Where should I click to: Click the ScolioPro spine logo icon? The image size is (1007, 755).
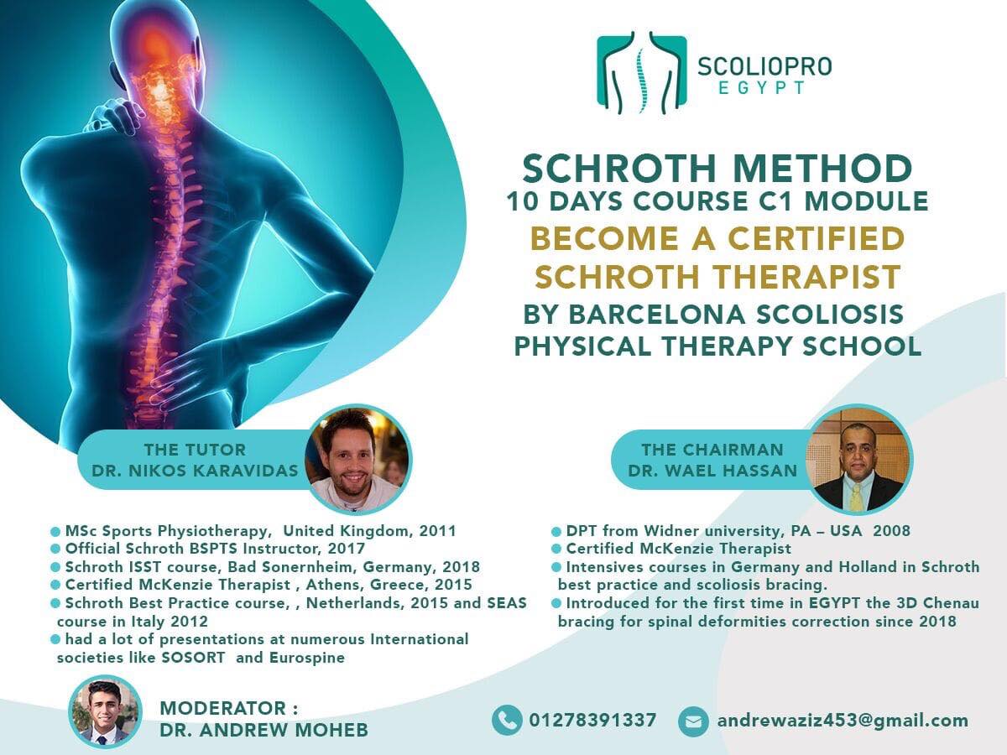tap(641, 73)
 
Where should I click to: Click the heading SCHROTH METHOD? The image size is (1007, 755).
tap(717, 169)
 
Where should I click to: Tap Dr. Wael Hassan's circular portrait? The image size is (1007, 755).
tap(858, 459)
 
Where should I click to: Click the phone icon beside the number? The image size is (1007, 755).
tap(507, 720)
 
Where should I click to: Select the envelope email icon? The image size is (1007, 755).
tap(693, 721)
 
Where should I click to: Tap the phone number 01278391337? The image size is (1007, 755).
tap(592, 720)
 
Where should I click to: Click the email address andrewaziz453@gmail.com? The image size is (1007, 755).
tap(843, 720)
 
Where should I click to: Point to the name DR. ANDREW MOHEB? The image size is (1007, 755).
tap(263, 730)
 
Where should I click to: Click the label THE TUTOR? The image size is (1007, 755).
tap(195, 450)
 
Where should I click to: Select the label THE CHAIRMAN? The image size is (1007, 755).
tap(712, 450)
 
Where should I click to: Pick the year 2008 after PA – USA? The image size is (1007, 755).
tap(888, 530)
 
